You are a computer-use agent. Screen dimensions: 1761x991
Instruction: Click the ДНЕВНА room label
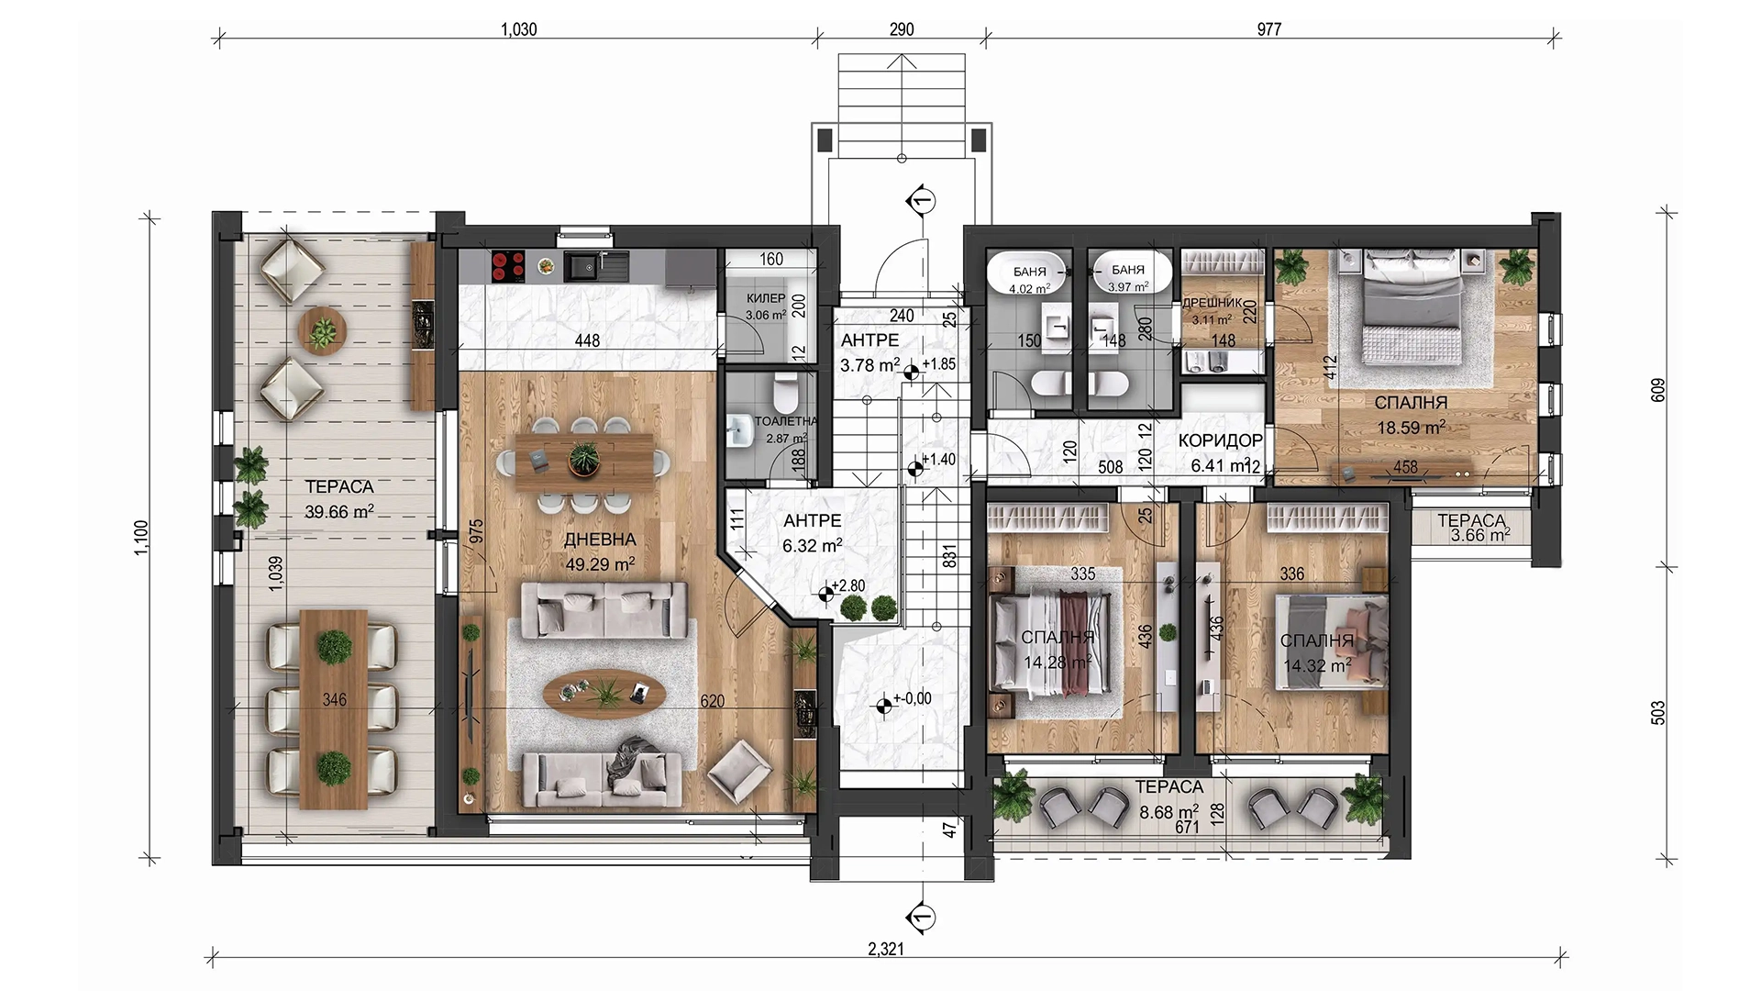[601, 539]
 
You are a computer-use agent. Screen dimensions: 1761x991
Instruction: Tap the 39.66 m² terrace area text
[338, 511]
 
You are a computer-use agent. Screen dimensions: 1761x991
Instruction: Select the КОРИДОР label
[1220, 441]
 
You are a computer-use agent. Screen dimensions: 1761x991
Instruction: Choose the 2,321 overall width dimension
[886, 951]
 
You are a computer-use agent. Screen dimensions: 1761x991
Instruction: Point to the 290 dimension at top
[902, 29]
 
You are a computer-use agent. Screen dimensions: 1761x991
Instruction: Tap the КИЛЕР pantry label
[766, 298]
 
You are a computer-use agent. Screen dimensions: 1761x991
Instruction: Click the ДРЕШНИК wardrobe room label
[1212, 304]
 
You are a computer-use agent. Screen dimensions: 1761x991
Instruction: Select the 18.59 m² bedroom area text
[1412, 427]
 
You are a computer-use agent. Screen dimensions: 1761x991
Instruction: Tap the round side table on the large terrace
[322, 328]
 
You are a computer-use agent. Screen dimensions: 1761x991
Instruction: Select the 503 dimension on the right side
[1657, 714]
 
